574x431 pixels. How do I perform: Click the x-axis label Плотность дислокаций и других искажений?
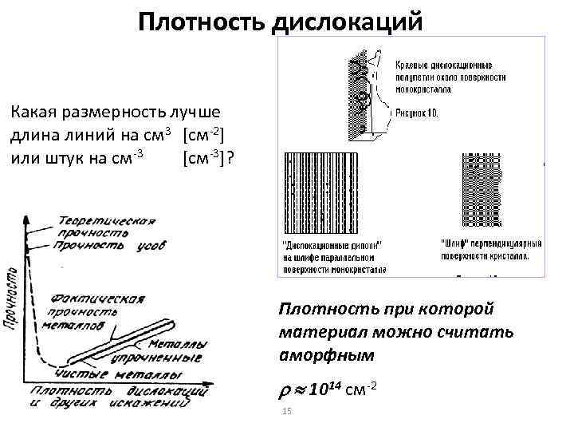click(120, 396)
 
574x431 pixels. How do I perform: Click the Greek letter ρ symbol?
click(285, 389)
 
